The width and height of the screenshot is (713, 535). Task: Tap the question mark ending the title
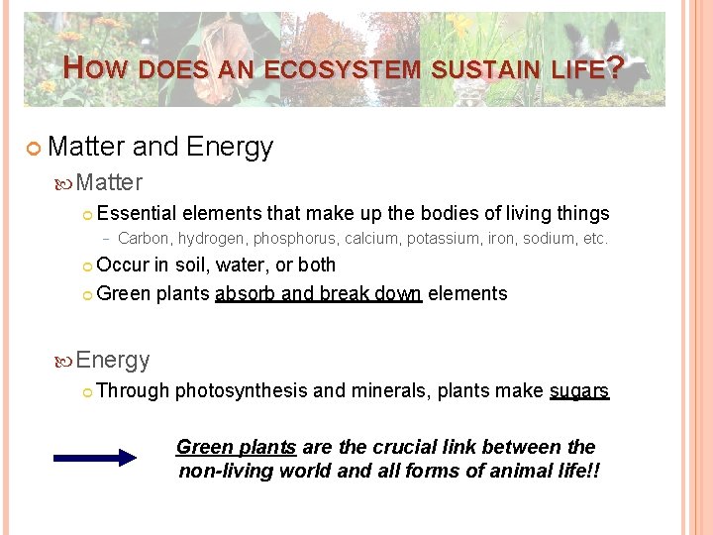pos(615,68)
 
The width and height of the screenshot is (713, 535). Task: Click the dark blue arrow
pos(95,458)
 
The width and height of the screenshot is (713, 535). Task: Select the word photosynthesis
pos(241,391)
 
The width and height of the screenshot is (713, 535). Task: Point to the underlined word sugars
pos(579,391)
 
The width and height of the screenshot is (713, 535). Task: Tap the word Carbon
pos(144,238)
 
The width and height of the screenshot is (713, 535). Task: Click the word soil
pos(192,266)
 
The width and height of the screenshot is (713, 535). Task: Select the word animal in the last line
pos(506,470)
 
